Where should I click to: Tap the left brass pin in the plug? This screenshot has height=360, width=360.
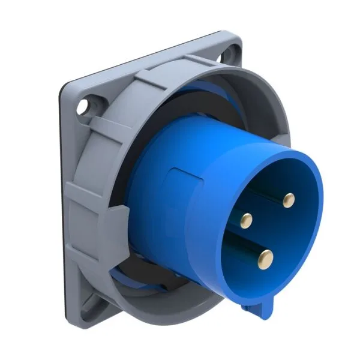(x=245, y=221)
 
